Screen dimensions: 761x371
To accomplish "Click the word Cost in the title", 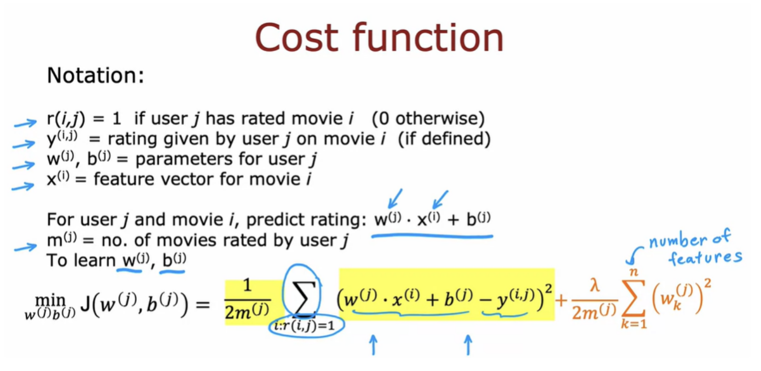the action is point(296,37).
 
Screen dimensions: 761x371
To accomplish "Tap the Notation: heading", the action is point(95,75).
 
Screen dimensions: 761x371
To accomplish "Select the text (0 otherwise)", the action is point(428,119).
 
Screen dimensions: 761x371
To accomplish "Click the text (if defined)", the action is point(444,139).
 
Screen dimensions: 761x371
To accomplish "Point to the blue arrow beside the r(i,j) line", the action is point(25,123).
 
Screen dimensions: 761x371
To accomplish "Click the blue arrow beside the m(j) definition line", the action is point(26,247).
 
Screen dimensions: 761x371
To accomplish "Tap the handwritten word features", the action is point(705,258).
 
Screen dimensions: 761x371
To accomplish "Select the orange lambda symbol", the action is point(594,285).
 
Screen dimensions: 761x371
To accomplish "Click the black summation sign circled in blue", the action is point(302,298).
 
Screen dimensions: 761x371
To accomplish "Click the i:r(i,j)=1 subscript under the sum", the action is point(305,326).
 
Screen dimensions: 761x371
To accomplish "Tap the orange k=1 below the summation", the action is point(634,323).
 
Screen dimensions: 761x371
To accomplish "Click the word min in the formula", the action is point(50,300).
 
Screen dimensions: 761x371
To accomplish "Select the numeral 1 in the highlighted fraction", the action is point(247,285).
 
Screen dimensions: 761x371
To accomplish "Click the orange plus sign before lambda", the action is point(561,300).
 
